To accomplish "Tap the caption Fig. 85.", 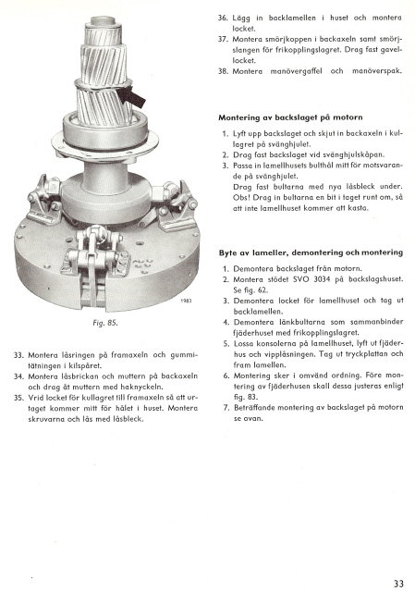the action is tap(105, 323).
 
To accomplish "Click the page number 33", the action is tap(398, 584).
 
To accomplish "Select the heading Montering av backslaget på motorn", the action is tap(290, 117).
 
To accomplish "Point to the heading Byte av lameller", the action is tap(253, 252).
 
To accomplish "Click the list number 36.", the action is tap(223, 18).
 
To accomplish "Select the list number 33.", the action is tap(18, 355).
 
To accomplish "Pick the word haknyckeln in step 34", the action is tap(144, 387).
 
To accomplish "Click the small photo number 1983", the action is tap(186, 302).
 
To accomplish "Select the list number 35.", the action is tap(18, 398).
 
